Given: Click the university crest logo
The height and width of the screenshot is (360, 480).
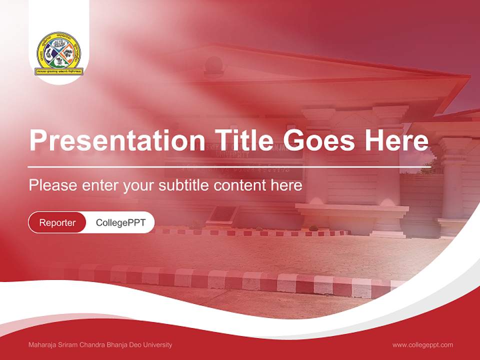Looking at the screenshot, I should click(x=59, y=53).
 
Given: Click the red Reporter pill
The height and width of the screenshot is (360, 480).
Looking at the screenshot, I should click(x=57, y=222).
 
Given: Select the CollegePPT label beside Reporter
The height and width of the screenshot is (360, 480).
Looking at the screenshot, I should click(x=120, y=222).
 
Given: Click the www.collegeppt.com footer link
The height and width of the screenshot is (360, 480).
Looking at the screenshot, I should click(x=422, y=344).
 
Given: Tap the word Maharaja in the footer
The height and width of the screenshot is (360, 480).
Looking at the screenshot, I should click(x=41, y=344).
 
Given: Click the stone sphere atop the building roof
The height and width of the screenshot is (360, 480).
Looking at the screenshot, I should click(x=214, y=64).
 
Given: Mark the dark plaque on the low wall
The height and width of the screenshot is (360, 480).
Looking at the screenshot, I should click(x=222, y=214).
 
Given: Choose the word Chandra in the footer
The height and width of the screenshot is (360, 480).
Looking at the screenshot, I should click(x=94, y=344).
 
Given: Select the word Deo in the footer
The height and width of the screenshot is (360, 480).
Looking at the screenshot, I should click(x=136, y=344).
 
